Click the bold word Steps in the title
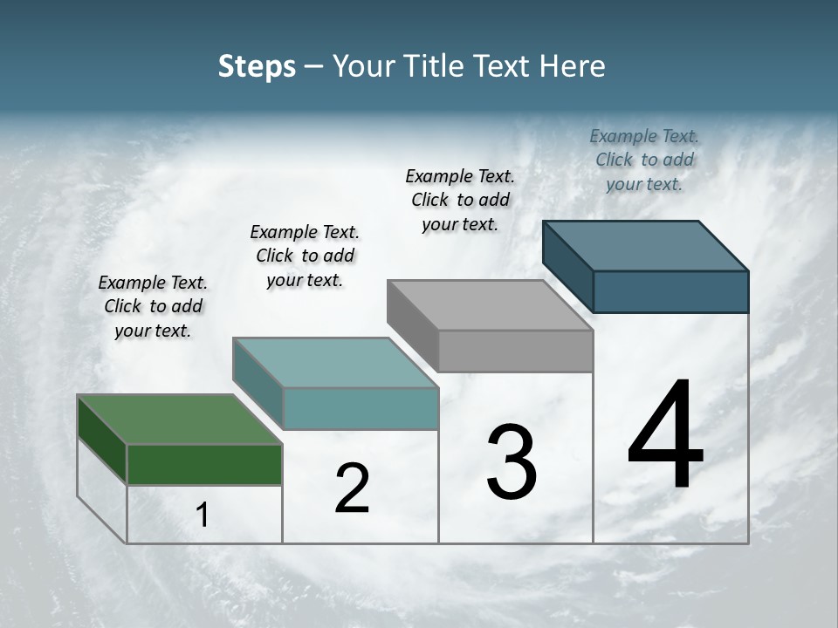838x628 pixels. pyautogui.click(x=257, y=66)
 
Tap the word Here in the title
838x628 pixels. pyautogui.click(x=573, y=66)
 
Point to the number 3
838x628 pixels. pyautogui.click(x=512, y=462)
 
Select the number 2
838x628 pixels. pyautogui.click(x=352, y=488)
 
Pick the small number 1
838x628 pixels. pyautogui.click(x=203, y=515)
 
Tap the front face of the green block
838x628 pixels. pyautogui.click(x=205, y=464)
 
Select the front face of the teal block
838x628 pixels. pyautogui.click(x=361, y=408)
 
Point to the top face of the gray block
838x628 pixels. pyautogui.click(x=490, y=305)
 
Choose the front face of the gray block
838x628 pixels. pyautogui.click(x=515, y=351)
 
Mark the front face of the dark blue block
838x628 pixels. pyautogui.click(x=670, y=291)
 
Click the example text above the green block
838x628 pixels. pyautogui.click(x=153, y=306)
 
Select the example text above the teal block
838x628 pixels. pyautogui.click(x=305, y=256)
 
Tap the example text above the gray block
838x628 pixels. pyautogui.click(x=460, y=200)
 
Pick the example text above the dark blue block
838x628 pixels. pyautogui.click(x=644, y=160)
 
